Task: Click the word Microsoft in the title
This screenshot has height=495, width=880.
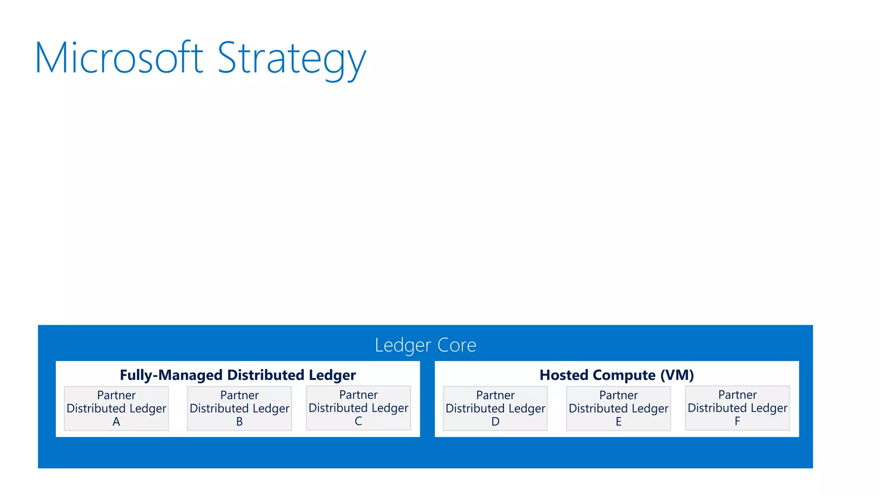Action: coord(119,58)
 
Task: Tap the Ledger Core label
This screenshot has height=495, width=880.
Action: coord(425,345)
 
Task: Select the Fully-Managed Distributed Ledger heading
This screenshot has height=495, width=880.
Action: coord(238,375)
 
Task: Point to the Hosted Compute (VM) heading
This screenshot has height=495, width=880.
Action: coord(617,375)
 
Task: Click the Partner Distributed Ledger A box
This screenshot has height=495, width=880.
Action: coord(116,408)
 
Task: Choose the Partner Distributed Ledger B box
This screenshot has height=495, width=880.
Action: coord(239,408)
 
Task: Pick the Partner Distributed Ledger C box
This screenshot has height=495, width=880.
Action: coord(358,408)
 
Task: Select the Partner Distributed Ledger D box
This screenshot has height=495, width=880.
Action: coord(495,408)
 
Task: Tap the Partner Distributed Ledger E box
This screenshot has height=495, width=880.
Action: coord(618,408)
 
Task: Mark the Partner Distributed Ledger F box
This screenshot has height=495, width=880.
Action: coord(737,408)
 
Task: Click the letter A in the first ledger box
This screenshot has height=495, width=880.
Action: coord(116,422)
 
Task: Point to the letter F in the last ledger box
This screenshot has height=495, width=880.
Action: coord(737,422)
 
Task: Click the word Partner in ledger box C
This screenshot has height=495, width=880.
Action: coord(358,394)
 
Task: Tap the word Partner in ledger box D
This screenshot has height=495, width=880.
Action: coord(495,395)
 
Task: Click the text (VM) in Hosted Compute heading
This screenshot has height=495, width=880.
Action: coord(677,375)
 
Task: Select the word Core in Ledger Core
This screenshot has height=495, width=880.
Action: coord(457,345)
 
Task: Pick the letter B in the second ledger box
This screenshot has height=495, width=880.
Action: coord(239,422)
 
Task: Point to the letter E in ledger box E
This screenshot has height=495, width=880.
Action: coord(618,422)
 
